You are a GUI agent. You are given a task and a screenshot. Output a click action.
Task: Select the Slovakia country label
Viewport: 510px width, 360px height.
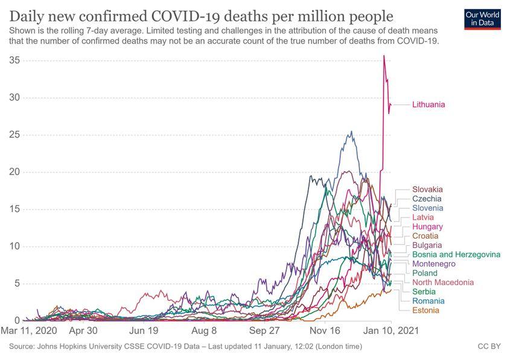(x=427, y=189)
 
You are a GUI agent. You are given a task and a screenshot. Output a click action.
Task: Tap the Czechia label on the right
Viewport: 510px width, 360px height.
(x=427, y=199)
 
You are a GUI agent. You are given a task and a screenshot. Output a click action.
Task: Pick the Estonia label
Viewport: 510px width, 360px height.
(x=426, y=310)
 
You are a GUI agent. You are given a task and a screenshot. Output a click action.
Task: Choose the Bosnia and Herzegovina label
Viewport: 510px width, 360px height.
(x=456, y=254)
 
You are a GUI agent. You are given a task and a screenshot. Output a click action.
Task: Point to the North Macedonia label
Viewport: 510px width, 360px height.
(x=443, y=283)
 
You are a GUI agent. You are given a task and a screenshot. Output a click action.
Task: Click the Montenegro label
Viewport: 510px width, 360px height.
(x=434, y=264)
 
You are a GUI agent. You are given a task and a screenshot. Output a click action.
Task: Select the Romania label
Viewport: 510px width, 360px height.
(x=429, y=301)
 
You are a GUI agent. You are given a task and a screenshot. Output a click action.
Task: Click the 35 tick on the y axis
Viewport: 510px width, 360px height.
(x=15, y=60)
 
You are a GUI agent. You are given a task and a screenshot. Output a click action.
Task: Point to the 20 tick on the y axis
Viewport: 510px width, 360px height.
(x=15, y=172)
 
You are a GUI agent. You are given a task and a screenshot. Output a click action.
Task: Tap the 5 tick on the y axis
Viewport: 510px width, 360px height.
(x=18, y=284)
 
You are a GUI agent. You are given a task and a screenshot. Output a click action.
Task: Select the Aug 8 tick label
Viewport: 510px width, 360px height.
(x=205, y=332)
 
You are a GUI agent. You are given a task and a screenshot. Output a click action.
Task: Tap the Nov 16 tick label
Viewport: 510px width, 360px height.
(x=325, y=332)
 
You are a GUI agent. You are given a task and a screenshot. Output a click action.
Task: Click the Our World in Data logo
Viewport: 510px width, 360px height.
(x=483, y=19)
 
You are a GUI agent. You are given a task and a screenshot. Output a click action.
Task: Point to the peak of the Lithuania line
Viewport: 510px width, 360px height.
(x=384, y=56)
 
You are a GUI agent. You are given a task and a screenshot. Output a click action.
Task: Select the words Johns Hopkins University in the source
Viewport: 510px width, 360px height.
(x=85, y=347)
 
